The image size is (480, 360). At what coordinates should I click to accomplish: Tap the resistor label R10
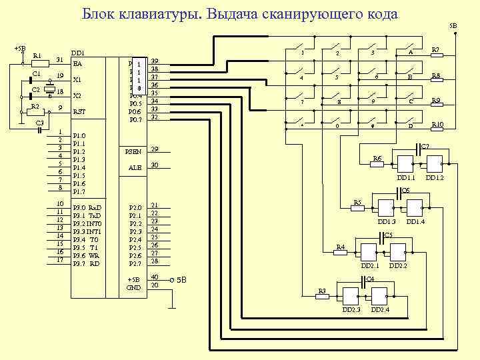tap(437, 125)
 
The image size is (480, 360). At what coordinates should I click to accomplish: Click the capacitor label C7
tap(425, 145)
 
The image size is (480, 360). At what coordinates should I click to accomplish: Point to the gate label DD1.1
tap(406, 178)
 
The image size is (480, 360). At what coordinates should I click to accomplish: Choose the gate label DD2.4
tap(381, 310)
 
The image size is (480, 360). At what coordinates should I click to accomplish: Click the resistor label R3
tap(321, 291)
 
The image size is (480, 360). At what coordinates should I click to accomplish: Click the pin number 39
tap(155, 61)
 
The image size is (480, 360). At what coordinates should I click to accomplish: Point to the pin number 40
tap(155, 277)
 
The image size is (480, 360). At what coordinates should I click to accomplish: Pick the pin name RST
tap(79, 112)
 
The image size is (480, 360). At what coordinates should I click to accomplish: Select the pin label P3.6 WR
tap(86, 255)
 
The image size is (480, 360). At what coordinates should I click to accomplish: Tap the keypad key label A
tap(411, 53)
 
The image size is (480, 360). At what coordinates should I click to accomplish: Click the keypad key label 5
tap(337, 78)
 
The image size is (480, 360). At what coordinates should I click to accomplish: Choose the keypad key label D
tap(411, 126)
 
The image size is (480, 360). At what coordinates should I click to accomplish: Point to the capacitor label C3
tap(39, 123)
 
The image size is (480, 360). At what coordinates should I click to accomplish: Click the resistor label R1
tap(37, 55)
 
